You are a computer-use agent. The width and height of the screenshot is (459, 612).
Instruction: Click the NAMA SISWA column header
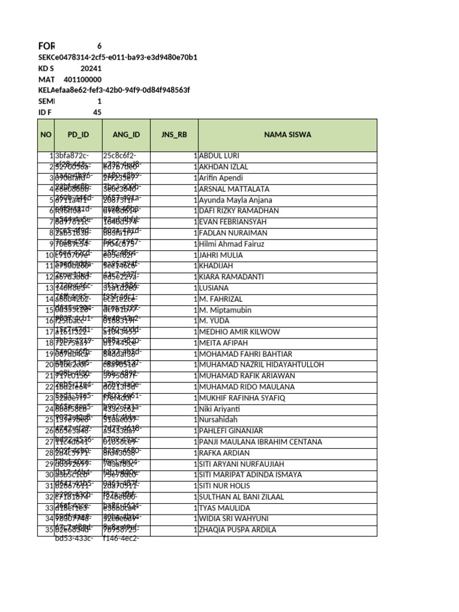tap(287, 134)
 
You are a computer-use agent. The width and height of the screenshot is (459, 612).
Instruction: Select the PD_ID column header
tap(78, 134)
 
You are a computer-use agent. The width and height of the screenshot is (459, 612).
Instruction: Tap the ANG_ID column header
tap(126, 134)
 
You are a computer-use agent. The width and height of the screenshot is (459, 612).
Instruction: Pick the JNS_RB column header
tap(174, 134)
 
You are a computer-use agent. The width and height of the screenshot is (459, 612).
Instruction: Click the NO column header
tap(46, 134)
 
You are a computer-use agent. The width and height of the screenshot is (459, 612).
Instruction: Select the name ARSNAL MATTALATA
tap(234, 189)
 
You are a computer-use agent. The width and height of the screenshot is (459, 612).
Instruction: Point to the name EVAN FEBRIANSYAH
tap(234, 222)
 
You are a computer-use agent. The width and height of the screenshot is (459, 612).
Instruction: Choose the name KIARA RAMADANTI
tap(232, 277)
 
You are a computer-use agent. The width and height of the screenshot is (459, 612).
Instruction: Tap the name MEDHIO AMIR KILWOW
tap(239, 332)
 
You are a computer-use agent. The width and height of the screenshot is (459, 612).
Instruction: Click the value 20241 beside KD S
tap(91, 69)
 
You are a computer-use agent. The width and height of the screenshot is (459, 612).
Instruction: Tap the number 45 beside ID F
tap(97, 112)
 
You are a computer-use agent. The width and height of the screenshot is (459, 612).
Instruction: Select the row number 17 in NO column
tap(50, 332)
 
